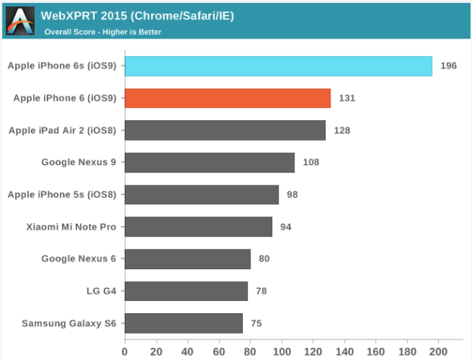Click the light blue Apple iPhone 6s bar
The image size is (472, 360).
coord(278,66)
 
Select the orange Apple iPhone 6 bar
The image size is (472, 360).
coord(228,98)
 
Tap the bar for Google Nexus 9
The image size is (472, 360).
coord(210,163)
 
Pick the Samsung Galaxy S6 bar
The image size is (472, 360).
coord(184,324)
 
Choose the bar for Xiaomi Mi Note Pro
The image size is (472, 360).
coord(198,227)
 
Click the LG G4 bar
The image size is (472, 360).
coord(186,291)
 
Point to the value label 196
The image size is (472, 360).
coord(449,66)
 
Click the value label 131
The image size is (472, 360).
coord(347,98)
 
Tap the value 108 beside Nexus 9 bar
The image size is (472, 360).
coord(311,163)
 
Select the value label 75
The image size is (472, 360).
coord(256,324)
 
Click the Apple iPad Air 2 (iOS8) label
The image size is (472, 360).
coord(62,130)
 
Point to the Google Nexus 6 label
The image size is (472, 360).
coord(79,259)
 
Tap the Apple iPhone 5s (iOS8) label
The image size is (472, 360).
coord(62,194)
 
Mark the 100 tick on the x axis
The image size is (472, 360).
coord(282,351)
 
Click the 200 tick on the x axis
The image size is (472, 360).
coord(439,351)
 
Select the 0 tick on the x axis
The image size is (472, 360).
coord(125,351)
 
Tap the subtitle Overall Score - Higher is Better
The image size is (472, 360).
coord(103,32)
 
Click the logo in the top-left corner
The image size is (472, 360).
coord(19,20)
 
